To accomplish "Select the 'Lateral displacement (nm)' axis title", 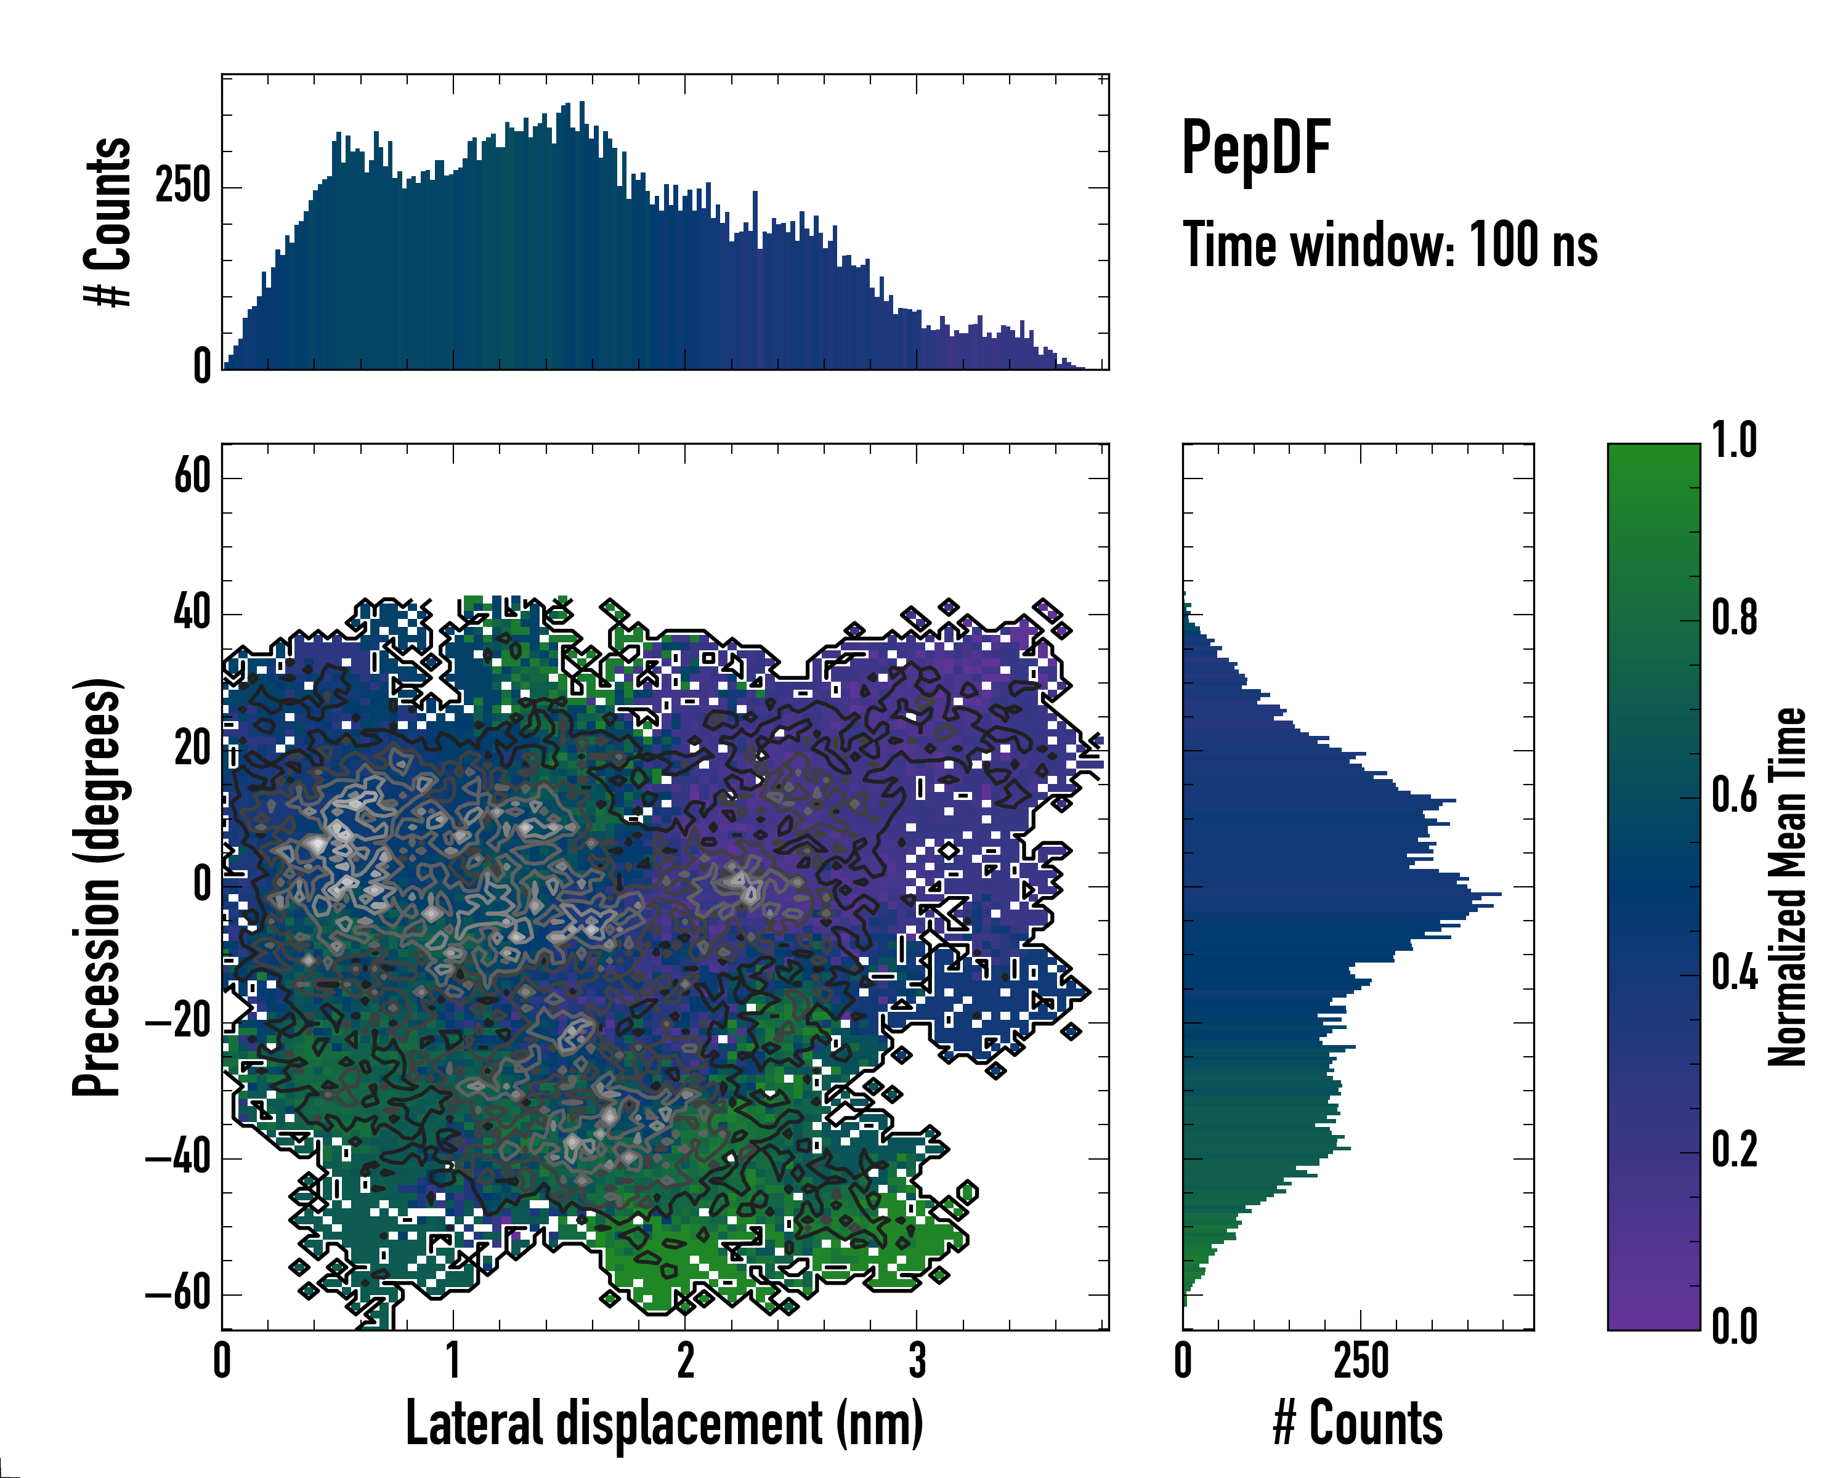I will tap(664, 1423).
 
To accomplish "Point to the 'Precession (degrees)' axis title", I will tap(97, 887).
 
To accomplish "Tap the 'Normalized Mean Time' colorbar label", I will tap(1787, 887).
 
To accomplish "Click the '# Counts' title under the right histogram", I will tap(1358, 1423).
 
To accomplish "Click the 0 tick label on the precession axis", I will tap(202, 884).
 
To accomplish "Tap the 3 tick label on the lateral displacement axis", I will tap(917, 1360).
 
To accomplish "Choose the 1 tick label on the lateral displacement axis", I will tap(453, 1360).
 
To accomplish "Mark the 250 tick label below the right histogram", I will tap(1361, 1360).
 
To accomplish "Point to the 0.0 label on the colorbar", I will tap(1734, 1327).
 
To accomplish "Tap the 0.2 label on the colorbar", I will tap(1734, 1150).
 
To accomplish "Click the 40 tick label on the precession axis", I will tap(192, 613).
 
